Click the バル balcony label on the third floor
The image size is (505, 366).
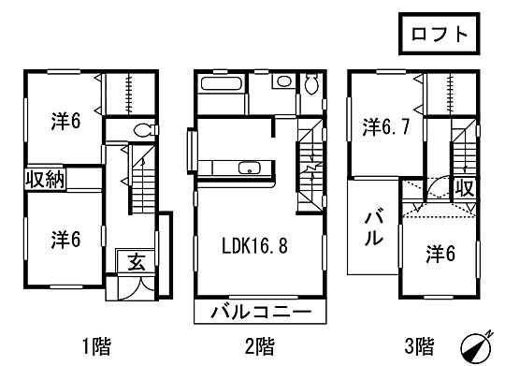(372, 227)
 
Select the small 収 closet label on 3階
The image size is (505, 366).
(465, 188)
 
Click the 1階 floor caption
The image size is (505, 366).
(96, 347)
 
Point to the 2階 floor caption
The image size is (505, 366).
(259, 347)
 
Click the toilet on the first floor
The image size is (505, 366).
(143, 131)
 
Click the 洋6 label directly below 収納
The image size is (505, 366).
(65, 240)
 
